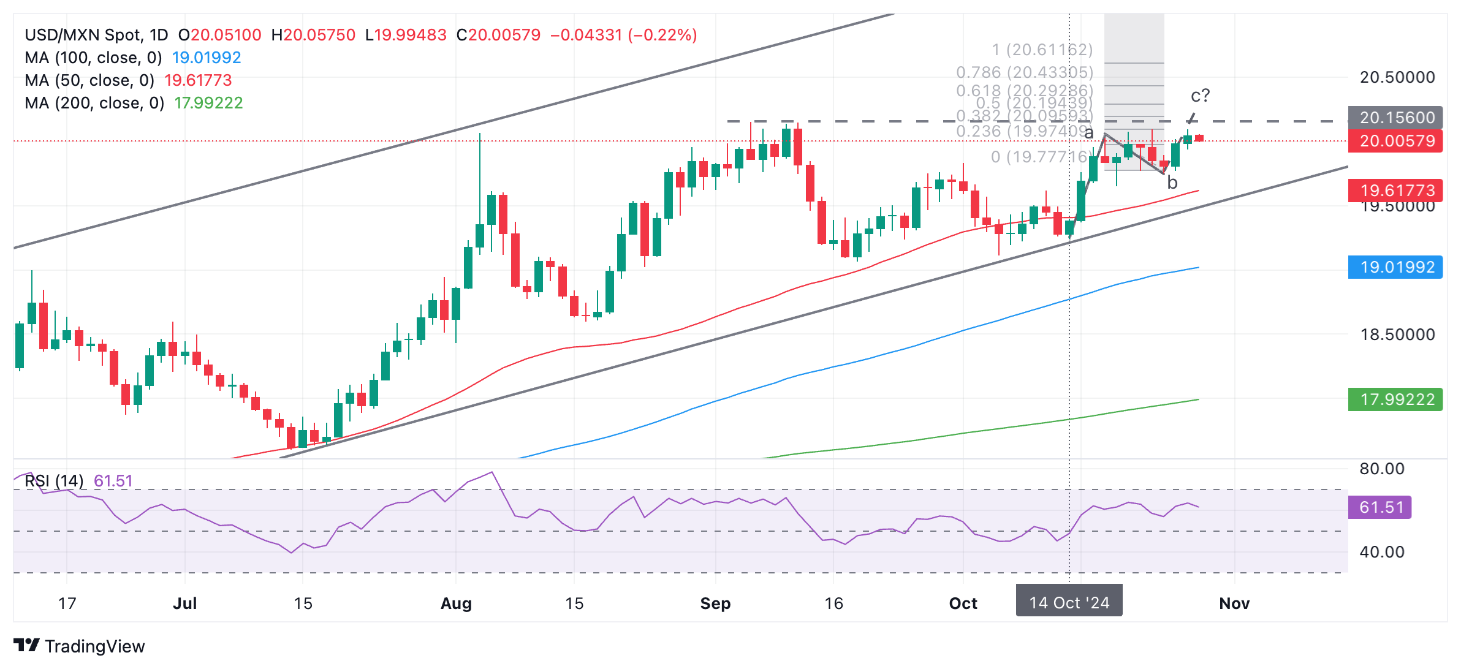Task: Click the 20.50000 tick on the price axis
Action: coord(1397,77)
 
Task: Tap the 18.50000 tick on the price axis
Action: coord(1397,334)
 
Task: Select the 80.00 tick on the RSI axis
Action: coord(1381,469)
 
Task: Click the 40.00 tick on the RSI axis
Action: coord(1381,552)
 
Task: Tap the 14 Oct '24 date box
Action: coord(1069,603)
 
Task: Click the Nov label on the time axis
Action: coord(1234,603)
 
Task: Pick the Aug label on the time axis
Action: coord(456,603)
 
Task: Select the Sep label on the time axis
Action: coord(715,603)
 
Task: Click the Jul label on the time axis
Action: coord(184,603)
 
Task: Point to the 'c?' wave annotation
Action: coord(1200,96)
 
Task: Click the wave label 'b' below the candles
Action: coord(1172,183)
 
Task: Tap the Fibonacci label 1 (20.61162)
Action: coord(1042,50)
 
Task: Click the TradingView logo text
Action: coord(94,646)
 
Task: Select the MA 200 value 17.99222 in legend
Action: coord(208,103)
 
